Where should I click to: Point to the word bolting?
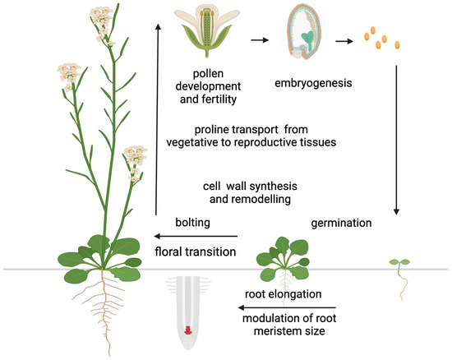point(194,223)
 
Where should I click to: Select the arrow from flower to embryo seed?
point(260,39)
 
